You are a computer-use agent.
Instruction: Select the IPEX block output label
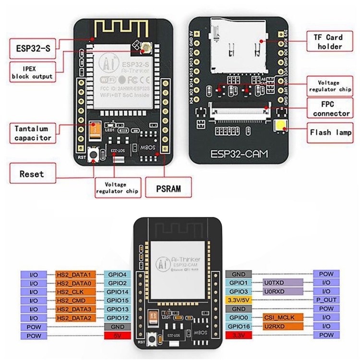click(x=32, y=72)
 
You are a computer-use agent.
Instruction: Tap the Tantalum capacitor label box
click(x=33, y=132)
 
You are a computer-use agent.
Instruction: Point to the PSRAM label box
click(x=169, y=188)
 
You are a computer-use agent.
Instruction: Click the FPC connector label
click(x=331, y=109)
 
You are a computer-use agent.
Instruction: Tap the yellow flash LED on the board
click(x=279, y=127)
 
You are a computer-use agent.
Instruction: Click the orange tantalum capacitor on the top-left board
click(x=94, y=129)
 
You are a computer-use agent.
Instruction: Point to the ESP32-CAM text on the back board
click(x=240, y=154)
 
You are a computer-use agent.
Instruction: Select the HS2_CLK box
click(x=76, y=291)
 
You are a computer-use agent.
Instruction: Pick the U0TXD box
click(x=283, y=283)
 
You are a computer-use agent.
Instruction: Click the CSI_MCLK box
click(x=283, y=317)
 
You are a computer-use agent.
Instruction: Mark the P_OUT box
click(x=326, y=300)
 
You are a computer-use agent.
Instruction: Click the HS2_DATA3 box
click(x=76, y=309)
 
